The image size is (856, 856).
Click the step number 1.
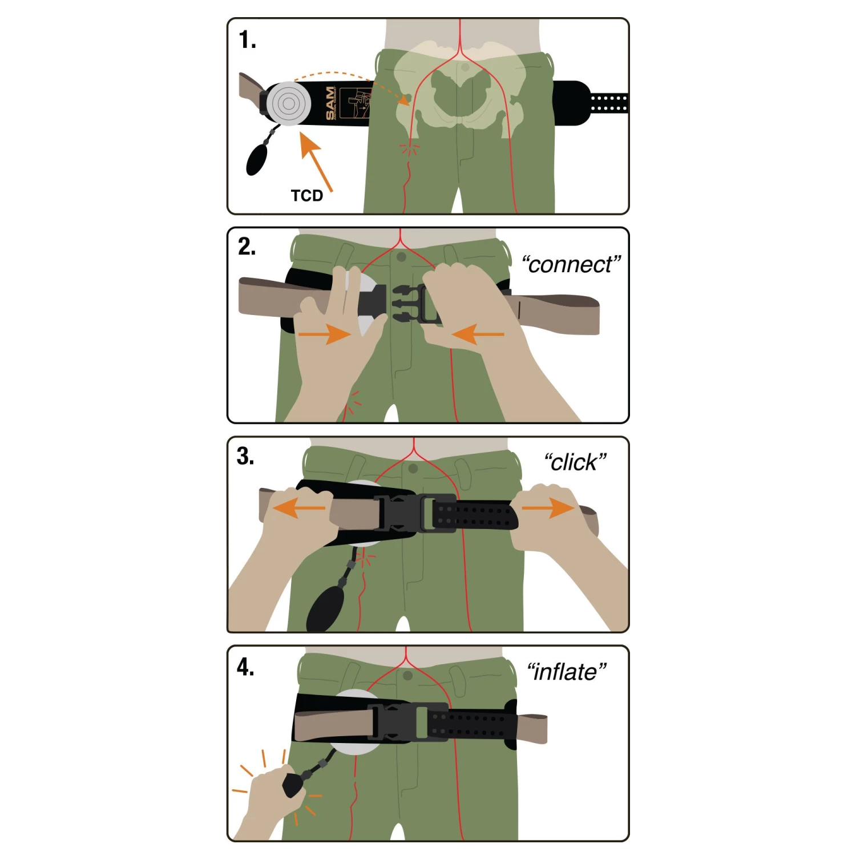pos(247,40)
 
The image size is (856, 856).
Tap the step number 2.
pos(247,247)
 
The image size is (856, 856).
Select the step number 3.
pos(245,457)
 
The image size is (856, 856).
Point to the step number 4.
pos(245,667)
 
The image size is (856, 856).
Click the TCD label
pos(307,196)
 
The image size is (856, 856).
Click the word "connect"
pos(571,265)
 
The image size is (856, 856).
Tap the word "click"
pos(575,462)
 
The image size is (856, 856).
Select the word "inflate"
pos(566,672)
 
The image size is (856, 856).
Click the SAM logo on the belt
pos(330,103)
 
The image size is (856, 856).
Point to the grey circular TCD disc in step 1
pos(289,104)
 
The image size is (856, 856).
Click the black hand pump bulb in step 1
pos(257,159)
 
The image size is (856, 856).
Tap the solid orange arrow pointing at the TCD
pos(316,161)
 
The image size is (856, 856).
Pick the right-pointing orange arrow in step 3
pos(548,508)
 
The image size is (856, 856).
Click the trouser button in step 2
pos(401,257)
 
